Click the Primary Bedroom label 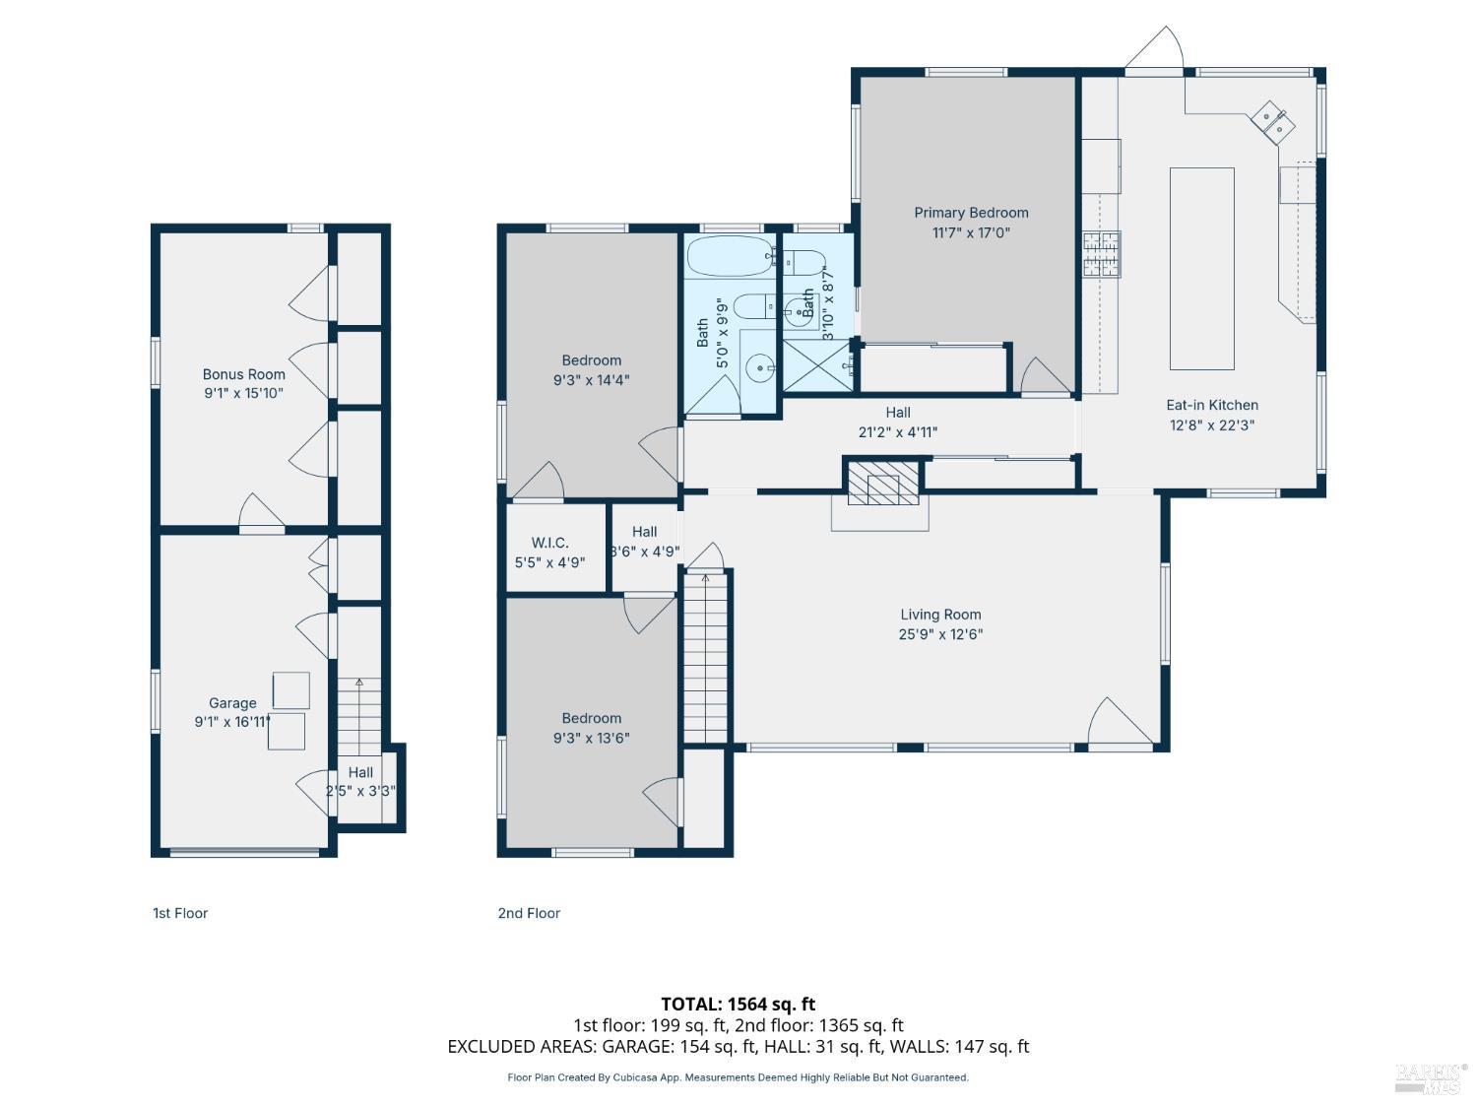click(x=970, y=213)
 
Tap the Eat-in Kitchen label click(x=1211, y=405)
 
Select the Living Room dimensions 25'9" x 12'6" click(x=940, y=633)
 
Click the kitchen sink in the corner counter click(x=1272, y=122)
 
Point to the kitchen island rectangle click(x=1201, y=269)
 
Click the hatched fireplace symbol click(x=882, y=483)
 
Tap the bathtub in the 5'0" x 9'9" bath click(x=730, y=256)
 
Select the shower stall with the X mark click(x=817, y=366)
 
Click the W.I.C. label click(x=549, y=543)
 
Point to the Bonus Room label click(x=243, y=374)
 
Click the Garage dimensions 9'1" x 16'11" click(x=232, y=722)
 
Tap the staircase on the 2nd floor click(x=705, y=656)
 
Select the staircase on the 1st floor click(x=358, y=716)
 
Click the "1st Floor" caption click(x=179, y=913)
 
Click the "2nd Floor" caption click(x=529, y=913)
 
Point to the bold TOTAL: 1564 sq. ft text click(x=738, y=1004)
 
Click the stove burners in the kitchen click(x=1101, y=254)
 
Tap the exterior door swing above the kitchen click(x=1155, y=47)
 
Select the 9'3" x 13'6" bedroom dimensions click(x=591, y=738)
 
